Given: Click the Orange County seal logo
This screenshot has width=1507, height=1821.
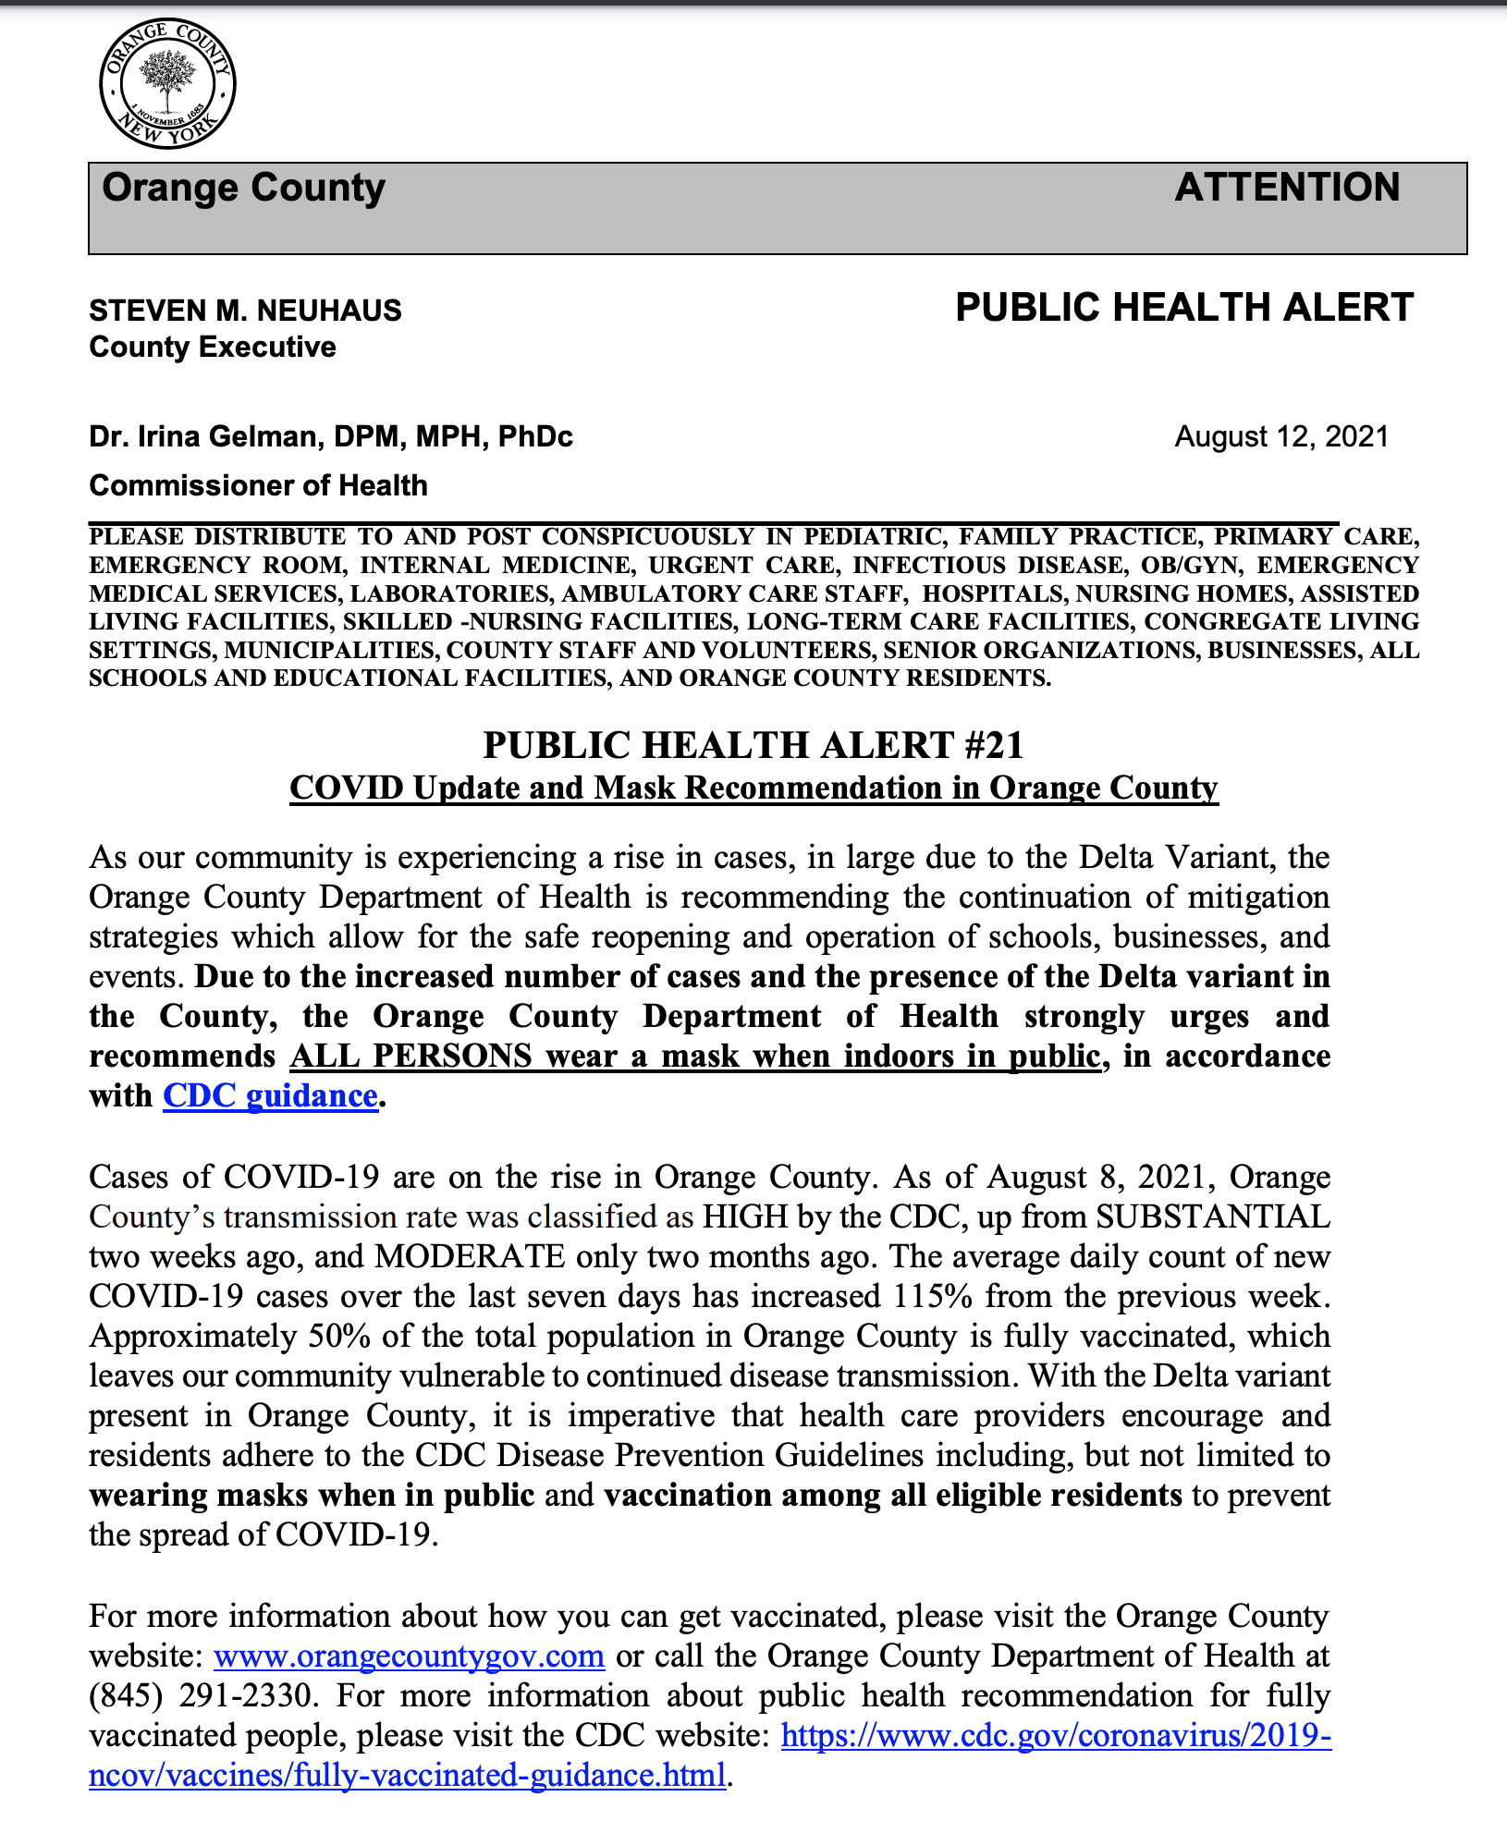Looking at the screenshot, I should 167,83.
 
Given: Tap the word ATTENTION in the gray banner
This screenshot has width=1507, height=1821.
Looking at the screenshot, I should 1287,188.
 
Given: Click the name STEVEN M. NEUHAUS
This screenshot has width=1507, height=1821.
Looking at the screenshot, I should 245,311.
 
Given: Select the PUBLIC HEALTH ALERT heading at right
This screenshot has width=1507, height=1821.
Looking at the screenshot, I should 1184,308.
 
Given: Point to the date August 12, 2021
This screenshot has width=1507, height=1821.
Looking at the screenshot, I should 1281,436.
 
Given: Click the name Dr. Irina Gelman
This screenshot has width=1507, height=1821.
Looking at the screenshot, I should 203,436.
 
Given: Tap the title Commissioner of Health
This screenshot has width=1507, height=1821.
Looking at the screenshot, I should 258,485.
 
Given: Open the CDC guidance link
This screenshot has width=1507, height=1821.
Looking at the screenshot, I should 270,1095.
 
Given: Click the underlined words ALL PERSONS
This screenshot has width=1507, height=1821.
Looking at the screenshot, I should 410,1056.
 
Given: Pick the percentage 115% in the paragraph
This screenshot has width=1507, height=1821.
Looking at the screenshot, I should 932,1297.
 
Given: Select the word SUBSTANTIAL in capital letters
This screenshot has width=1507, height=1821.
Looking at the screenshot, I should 1213,1216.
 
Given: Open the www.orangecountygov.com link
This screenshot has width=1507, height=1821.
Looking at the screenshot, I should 409,1656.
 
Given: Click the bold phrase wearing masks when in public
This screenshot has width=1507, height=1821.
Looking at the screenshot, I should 312,1496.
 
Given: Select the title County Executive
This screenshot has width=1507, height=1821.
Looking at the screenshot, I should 213,348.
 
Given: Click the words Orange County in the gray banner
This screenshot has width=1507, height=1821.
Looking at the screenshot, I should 243,188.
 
